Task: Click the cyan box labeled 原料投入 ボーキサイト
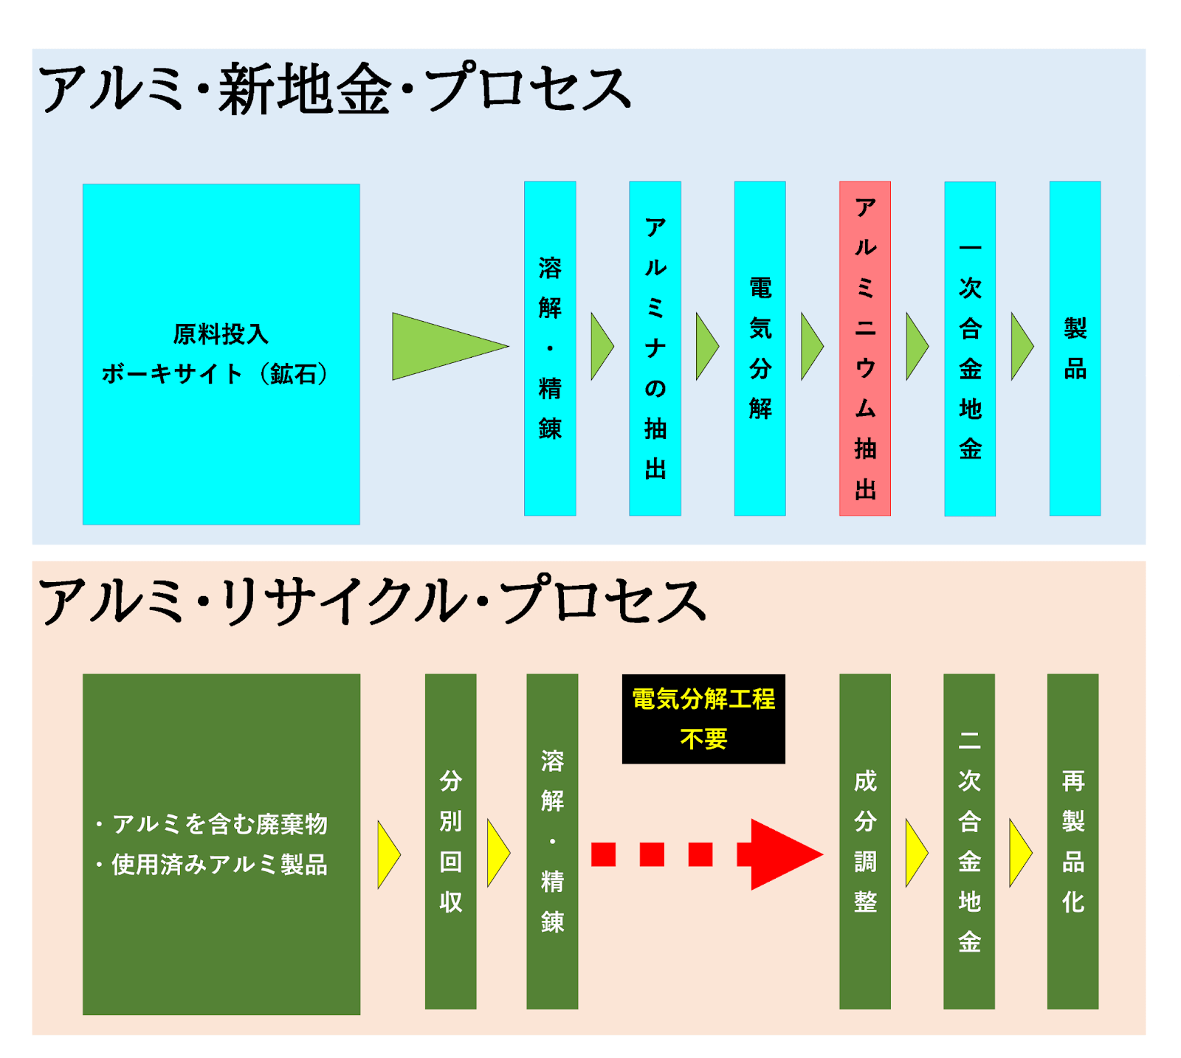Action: pyautogui.click(x=221, y=354)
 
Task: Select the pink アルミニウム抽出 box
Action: pyautogui.click(x=864, y=348)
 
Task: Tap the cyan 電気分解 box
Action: pyautogui.click(x=760, y=348)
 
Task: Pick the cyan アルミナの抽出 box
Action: pyautogui.click(x=655, y=348)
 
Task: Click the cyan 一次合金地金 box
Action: pyautogui.click(x=970, y=348)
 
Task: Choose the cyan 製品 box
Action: pyautogui.click(x=1075, y=348)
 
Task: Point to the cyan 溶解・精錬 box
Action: pyautogui.click(x=550, y=348)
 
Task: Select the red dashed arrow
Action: pyautogui.click(x=709, y=854)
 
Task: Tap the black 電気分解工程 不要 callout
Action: pyautogui.click(x=703, y=719)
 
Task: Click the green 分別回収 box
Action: pyautogui.click(x=450, y=841)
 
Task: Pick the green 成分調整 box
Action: pyautogui.click(x=864, y=841)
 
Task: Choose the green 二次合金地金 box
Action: pyautogui.click(x=969, y=841)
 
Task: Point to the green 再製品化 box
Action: pyautogui.click(x=1072, y=841)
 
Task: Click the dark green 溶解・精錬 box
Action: pyautogui.click(x=552, y=841)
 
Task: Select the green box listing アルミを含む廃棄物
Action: pyautogui.click(x=221, y=844)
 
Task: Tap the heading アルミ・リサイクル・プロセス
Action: pyautogui.click(x=373, y=601)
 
